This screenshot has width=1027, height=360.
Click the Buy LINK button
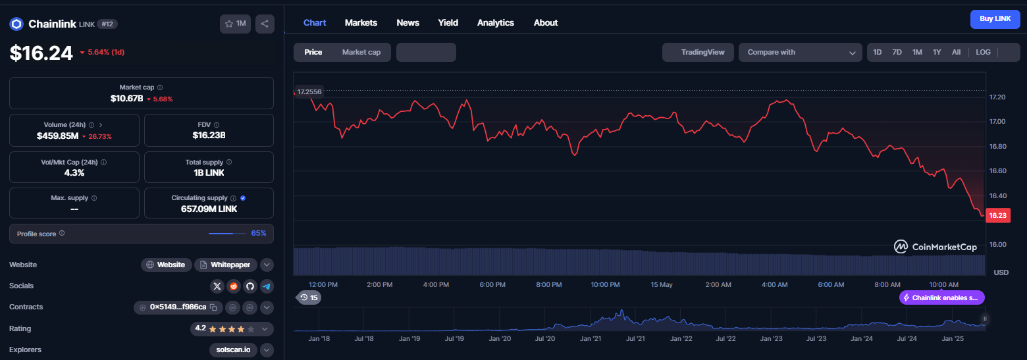(995, 19)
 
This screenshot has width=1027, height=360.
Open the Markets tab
(361, 22)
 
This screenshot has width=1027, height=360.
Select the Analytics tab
(495, 22)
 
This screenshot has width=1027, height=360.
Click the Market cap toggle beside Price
(361, 52)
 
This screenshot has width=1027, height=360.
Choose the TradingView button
(698, 52)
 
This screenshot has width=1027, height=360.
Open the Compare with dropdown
(800, 52)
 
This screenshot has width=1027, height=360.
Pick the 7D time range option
(897, 52)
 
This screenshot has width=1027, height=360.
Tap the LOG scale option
(983, 52)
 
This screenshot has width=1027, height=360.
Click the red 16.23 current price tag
(997, 216)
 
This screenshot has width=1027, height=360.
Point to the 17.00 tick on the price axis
(997, 122)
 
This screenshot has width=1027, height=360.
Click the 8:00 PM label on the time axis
(549, 285)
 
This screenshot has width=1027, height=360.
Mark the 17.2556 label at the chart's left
(309, 91)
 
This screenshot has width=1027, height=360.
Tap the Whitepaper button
(226, 265)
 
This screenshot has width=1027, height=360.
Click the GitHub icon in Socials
(250, 287)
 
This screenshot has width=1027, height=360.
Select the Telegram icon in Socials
(267, 287)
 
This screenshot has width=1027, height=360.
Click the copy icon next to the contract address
(213, 307)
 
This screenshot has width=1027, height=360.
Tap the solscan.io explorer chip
(233, 350)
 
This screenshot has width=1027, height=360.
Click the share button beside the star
(265, 24)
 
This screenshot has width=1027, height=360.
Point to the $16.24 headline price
(41, 53)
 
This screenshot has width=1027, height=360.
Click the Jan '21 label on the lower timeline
(591, 339)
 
